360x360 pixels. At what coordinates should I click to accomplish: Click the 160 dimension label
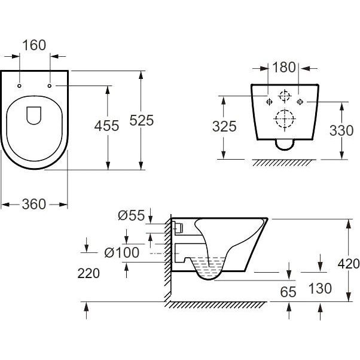pos(35,46)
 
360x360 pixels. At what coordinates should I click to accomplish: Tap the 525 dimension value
pos(142,120)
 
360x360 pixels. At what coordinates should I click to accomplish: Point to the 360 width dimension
pos(33,204)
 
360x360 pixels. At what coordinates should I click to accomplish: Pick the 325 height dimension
pos(224,127)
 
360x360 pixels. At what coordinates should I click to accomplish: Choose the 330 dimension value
pos(341,131)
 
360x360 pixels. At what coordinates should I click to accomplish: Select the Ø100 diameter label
pos(121,252)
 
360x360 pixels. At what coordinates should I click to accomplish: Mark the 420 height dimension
pos(348,264)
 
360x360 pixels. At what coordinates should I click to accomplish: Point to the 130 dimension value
pos(321,289)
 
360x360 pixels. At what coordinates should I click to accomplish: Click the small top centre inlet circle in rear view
pos(285,95)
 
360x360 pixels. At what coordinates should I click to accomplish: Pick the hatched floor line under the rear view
pos(285,162)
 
